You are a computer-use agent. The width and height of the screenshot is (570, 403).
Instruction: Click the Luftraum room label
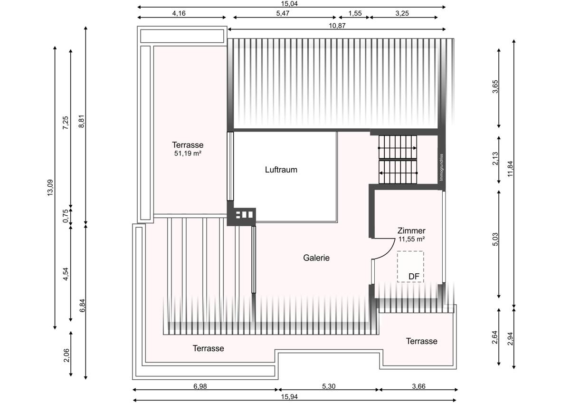coord(281,170)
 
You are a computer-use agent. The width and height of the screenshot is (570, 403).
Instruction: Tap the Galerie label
coord(316,258)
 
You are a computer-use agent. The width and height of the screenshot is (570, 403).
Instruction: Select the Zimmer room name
coord(411,230)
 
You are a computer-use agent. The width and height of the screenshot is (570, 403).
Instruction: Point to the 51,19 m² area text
coord(188,153)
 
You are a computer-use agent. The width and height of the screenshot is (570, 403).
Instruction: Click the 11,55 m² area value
coord(411,239)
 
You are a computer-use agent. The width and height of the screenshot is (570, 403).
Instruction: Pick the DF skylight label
coord(414,277)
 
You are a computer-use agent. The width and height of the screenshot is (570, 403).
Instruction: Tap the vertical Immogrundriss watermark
coord(441,167)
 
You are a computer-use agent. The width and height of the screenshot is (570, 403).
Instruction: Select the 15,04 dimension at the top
coord(289,3)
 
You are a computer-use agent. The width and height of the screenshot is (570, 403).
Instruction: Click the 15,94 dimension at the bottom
coord(289,397)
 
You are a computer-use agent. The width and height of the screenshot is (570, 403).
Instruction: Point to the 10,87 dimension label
coord(337,26)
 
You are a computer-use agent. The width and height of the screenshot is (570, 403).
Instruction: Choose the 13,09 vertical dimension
coord(50,188)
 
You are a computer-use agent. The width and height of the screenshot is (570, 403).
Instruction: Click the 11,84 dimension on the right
coord(510,169)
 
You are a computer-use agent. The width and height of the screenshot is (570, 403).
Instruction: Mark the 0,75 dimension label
coord(66,216)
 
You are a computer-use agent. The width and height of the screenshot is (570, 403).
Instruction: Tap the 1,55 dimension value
coord(355,13)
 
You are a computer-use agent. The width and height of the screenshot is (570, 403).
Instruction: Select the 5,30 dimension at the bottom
coord(329,386)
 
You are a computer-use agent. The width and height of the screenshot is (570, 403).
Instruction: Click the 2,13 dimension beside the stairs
coord(495,158)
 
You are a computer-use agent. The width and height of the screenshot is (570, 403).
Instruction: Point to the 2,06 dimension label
coord(66,355)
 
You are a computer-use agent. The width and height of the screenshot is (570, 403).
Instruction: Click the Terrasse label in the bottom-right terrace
coord(422,341)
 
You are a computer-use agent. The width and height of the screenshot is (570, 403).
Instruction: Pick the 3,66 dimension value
coord(418,386)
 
